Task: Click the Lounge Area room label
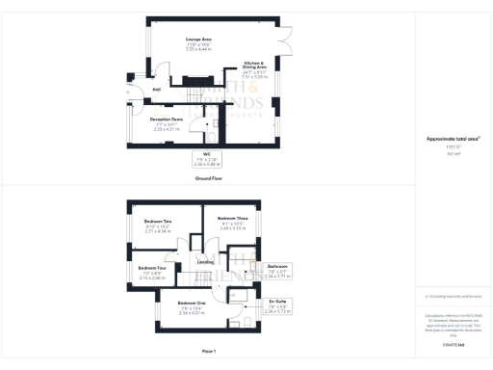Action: click(x=199, y=39)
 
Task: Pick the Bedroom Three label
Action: click(x=232, y=218)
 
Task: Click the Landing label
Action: click(x=206, y=262)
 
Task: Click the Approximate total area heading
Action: click(x=446, y=140)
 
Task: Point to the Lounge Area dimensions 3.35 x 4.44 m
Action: click(x=199, y=48)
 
